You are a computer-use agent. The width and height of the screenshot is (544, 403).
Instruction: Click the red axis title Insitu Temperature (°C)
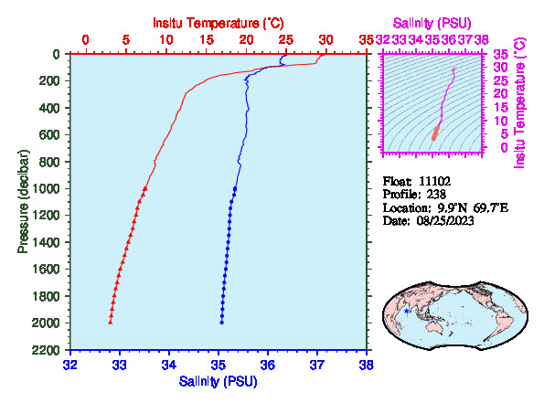tap(219, 23)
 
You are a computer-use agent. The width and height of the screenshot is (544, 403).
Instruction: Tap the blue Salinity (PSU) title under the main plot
tap(219, 381)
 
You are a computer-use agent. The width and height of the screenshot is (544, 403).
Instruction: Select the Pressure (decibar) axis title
tap(23, 201)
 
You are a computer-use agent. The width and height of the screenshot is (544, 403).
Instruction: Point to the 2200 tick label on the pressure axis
tap(46, 350)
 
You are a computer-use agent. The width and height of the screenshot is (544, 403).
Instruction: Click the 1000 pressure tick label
tap(46, 188)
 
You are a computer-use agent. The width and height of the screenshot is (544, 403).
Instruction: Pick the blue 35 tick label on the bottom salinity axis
tap(219, 366)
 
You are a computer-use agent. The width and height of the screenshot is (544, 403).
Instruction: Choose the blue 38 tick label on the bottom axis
tap(367, 366)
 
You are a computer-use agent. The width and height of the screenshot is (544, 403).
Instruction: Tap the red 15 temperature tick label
tap(207, 40)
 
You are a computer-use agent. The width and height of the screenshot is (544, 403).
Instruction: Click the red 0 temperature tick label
tap(85, 40)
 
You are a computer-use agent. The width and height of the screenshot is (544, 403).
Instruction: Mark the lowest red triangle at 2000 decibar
tap(111, 323)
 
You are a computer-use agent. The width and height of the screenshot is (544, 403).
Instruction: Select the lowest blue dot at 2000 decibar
tap(221, 323)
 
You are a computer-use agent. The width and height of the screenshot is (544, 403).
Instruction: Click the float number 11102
tap(434, 181)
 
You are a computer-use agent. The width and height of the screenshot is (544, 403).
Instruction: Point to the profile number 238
tap(436, 195)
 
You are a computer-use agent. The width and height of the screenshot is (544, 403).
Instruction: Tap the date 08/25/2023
tap(445, 221)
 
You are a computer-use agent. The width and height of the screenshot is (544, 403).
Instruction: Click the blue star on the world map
tap(407, 311)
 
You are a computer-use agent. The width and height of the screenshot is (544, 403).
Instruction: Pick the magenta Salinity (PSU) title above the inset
tap(432, 23)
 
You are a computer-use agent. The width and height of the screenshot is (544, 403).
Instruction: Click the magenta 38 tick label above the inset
tap(482, 40)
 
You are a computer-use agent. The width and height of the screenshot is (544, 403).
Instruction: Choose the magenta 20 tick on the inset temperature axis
tap(501, 93)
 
